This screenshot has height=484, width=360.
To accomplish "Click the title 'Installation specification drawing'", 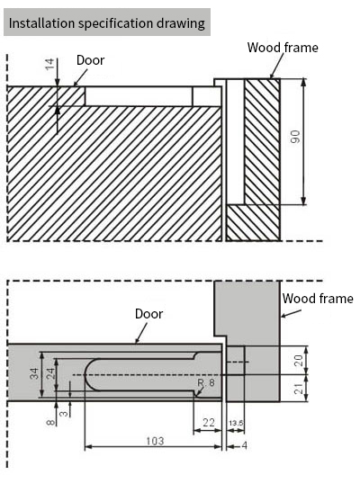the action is [107, 23].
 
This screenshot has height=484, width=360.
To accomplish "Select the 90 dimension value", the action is [295, 137].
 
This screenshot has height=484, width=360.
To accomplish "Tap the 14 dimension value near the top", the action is [49, 64].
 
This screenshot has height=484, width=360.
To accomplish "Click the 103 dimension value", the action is [155, 441].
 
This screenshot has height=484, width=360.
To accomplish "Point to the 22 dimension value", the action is [209, 422].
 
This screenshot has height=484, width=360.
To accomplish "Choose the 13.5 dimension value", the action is [236, 423].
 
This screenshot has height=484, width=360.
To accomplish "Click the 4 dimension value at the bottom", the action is [244, 445].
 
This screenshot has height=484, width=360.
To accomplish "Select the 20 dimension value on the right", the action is [298, 360].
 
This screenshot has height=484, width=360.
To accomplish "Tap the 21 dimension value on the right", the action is [298, 389].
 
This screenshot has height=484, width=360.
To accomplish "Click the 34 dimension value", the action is [34, 373].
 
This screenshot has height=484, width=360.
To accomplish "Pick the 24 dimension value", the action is [50, 373].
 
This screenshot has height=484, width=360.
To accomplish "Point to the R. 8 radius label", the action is [206, 382].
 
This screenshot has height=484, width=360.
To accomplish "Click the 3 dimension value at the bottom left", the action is [64, 413].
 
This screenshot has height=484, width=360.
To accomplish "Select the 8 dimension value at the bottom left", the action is [50, 422].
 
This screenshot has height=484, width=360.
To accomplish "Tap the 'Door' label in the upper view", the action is [91, 60].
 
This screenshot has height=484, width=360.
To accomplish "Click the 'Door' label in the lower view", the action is [148, 314].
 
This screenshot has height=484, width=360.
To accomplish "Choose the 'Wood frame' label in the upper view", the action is [283, 48].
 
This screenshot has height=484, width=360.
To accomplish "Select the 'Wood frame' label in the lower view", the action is [318, 299].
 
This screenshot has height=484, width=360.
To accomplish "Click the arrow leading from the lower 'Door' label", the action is [141, 333].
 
